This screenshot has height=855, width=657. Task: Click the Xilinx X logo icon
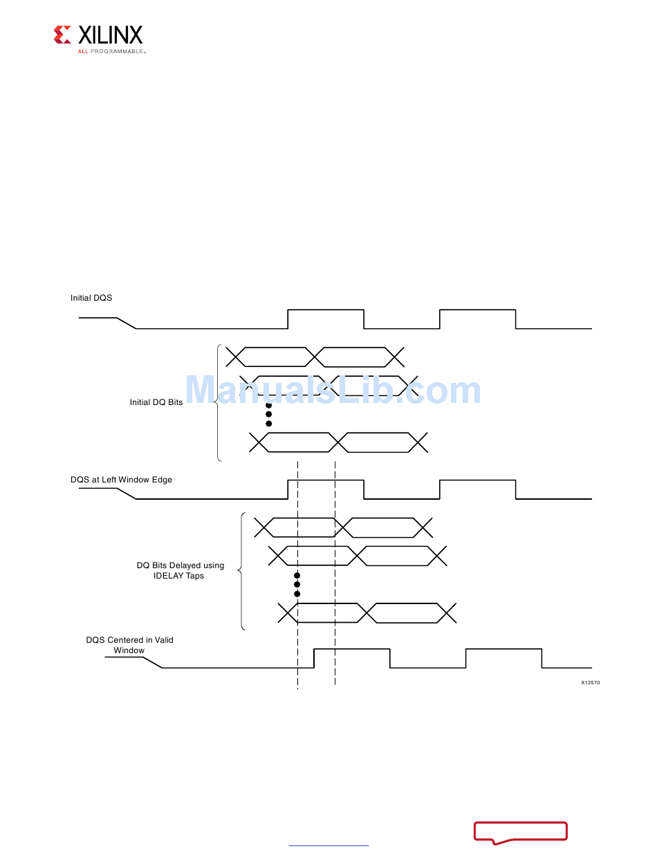(x=62, y=35)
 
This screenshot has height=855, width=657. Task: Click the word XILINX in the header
(x=110, y=35)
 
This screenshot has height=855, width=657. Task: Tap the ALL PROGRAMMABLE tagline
(x=111, y=51)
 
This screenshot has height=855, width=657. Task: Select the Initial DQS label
(x=91, y=298)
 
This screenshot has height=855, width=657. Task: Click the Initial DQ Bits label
(x=156, y=402)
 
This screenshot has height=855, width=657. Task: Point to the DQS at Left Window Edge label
(x=121, y=480)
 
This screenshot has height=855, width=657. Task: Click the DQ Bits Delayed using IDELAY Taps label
(x=180, y=570)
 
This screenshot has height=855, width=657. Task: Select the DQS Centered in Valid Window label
(x=129, y=640)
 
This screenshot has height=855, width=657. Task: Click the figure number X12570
(x=590, y=682)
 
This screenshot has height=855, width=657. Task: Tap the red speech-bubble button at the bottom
(x=521, y=831)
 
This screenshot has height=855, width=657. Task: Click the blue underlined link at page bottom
(x=328, y=845)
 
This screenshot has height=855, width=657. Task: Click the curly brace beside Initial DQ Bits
(x=218, y=402)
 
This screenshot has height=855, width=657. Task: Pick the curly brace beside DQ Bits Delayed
(x=241, y=570)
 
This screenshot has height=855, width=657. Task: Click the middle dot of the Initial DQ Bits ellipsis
(x=269, y=414)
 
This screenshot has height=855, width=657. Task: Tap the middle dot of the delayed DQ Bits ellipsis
(x=297, y=585)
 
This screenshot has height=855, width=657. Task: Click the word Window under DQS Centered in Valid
(x=129, y=650)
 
